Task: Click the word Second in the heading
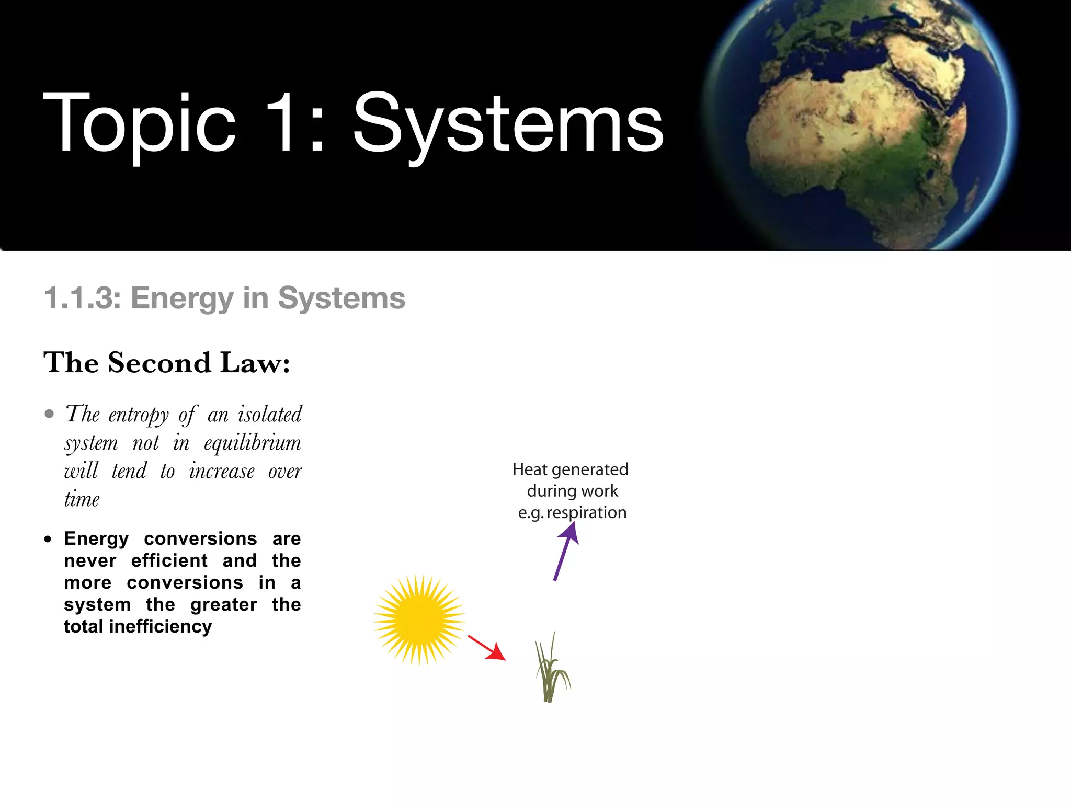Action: (159, 363)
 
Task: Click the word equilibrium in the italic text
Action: (253, 443)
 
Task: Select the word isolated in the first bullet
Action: (270, 415)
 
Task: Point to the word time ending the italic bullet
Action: (82, 500)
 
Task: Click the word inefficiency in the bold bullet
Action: (161, 626)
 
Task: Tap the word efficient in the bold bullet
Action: (169, 560)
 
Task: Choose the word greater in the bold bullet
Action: (224, 605)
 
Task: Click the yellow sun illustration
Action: (419, 620)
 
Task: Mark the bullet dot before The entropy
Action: (50, 415)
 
